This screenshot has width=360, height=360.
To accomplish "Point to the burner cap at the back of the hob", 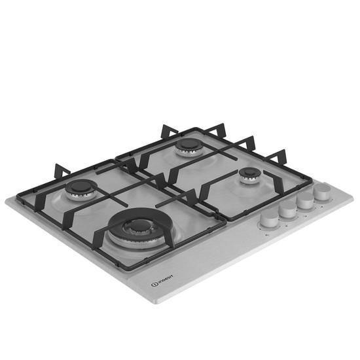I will [189, 143].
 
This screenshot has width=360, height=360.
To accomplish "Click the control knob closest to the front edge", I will [268, 219].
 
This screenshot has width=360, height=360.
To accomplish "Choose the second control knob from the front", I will [287, 209].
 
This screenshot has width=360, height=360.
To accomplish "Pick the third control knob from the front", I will [304, 200].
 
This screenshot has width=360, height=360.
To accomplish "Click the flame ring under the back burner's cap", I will [189, 151].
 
